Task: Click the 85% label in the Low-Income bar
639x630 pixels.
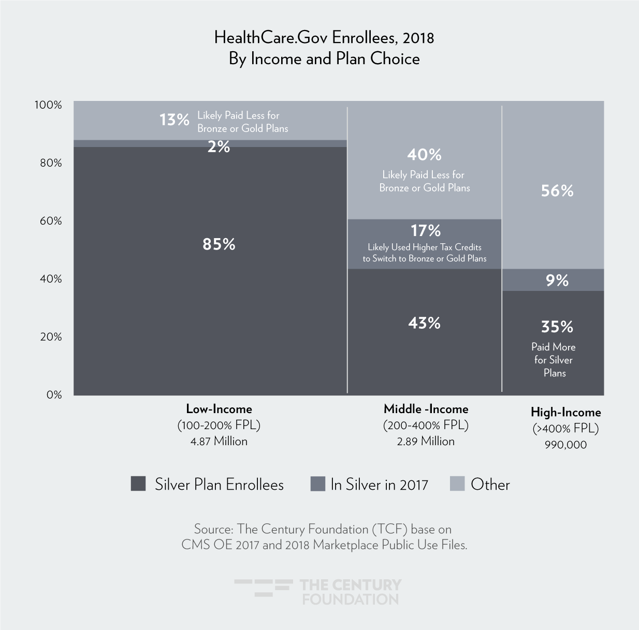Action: pyautogui.click(x=219, y=244)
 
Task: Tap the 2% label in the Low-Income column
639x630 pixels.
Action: pyautogui.click(x=219, y=147)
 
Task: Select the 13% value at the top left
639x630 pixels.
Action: pyautogui.click(x=174, y=120)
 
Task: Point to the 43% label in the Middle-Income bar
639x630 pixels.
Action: pyautogui.click(x=424, y=323)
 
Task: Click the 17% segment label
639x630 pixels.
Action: pyautogui.click(x=425, y=230)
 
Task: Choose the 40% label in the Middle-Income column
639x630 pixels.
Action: pyautogui.click(x=424, y=154)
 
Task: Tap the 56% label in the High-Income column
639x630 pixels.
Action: pyautogui.click(x=557, y=191)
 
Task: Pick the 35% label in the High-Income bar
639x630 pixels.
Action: pyautogui.click(x=557, y=327)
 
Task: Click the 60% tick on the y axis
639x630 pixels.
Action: pyautogui.click(x=51, y=221)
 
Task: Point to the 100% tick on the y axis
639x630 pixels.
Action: pyautogui.click(x=48, y=105)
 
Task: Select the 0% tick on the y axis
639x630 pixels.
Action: pyautogui.click(x=54, y=395)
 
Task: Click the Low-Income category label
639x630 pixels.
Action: pyautogui.click(x=219, y=409)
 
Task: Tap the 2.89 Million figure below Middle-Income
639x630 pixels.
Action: pyautogui.click(x=426, y=442)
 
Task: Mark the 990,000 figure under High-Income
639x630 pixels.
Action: pyautogui.click(x=565, y=445)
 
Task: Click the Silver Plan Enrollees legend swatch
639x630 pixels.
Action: pyautogui.click(x=138, y=484)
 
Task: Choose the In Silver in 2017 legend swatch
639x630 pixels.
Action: pyautogui.click(x=317, y=484)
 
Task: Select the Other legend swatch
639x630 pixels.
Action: pyautogui.click(x=457, y=484)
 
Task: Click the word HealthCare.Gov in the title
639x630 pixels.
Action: pyautogui.click(x=271, y=38)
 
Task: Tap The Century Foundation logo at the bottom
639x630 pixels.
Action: pyautogui.click(x=318, y=592)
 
